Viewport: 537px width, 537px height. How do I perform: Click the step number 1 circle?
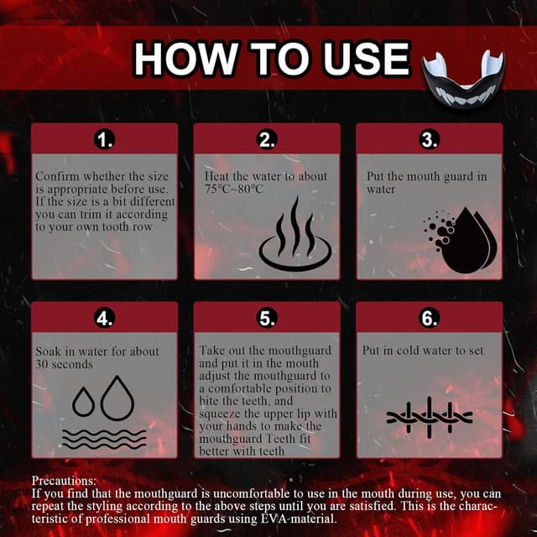point(104,140)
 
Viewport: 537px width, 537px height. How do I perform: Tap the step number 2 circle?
point(267,140)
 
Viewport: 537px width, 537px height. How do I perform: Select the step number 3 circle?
point(429,140)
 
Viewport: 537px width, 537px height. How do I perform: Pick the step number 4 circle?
point(104,318)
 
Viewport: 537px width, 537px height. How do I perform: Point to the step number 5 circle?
point(267,318)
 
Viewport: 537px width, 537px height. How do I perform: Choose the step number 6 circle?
point(429,318)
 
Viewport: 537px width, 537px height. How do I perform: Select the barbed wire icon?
point(430,417)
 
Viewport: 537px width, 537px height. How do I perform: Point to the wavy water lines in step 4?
point(104,439)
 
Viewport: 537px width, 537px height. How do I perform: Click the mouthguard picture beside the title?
point(463,80)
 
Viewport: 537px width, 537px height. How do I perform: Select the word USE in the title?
point(367,58)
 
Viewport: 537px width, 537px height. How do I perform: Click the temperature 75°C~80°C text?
point(234,189)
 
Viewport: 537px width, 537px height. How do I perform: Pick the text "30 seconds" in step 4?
point(64,364)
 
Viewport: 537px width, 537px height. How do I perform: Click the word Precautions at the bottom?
point(64,481)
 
